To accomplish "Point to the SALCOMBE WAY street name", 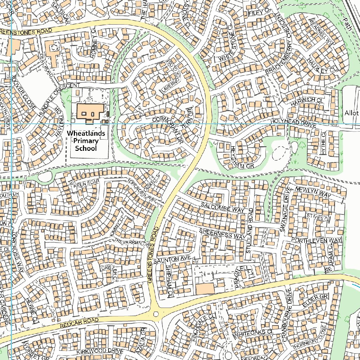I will (x=223, y=207).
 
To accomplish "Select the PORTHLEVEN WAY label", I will (x=316, y=240).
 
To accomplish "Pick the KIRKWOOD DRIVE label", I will (x=100, y=352).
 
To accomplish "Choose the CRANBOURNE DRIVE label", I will (x=284, y=311).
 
